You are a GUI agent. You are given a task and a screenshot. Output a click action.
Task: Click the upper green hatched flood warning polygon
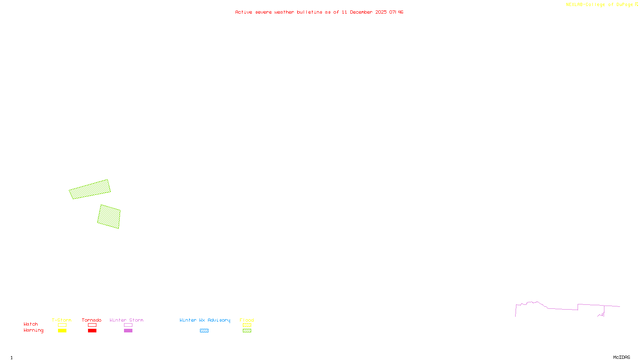(90, 189)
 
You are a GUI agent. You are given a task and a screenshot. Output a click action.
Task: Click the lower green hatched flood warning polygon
(109, 216)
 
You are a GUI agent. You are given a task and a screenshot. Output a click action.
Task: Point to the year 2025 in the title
(381, 12)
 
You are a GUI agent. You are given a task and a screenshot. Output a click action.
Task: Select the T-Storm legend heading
(62, 320)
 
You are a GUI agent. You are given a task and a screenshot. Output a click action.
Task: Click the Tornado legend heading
(92, 320)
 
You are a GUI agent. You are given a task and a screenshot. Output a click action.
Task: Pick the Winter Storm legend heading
(126, 320)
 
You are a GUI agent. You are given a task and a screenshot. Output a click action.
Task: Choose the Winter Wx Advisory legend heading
(205, 320)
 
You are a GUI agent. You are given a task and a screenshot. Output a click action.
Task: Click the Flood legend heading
(247, 320)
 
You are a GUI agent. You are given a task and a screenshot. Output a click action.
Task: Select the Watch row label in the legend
(31, 324)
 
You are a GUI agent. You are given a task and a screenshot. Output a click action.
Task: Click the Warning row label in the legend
(33, 330)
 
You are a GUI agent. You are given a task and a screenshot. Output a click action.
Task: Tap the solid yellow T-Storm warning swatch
(62, 331)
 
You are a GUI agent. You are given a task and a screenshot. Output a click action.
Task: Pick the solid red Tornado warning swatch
(92, 331)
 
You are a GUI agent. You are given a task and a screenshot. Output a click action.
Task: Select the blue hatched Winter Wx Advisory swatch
(204, 331)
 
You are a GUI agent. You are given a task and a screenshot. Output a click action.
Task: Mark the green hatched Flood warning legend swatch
(247, 331)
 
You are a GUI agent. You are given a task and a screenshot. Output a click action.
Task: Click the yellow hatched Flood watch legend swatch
(247, 325)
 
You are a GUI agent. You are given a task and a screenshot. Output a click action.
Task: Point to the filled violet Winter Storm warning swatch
(128, 331)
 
